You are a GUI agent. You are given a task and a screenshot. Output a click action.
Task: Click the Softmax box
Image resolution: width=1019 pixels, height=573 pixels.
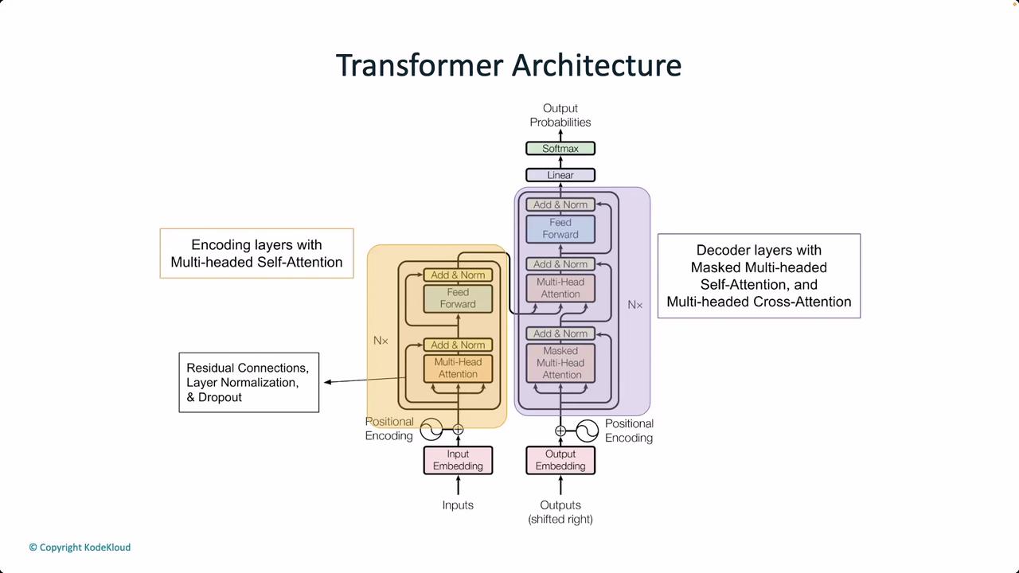click(560, 149)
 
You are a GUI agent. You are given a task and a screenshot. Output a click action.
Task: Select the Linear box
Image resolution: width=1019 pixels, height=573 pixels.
click(560, 175)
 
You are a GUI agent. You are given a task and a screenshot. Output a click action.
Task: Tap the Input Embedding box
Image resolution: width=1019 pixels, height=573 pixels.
click(458, 460)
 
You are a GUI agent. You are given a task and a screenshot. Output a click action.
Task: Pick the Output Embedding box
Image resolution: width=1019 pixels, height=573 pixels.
click(560, 460)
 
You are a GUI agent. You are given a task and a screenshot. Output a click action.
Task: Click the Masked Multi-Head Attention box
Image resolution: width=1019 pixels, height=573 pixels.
click(560, 363)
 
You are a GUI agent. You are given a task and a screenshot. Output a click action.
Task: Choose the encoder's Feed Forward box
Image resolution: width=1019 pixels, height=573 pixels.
click(458, 298)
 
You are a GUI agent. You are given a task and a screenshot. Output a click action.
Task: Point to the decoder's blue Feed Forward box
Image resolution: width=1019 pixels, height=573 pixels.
click(560, 229)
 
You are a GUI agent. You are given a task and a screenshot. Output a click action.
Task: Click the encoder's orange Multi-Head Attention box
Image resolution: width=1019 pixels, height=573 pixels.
click(458, 368)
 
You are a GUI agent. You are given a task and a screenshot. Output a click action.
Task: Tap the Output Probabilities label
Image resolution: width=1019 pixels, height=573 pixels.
click(560, 115)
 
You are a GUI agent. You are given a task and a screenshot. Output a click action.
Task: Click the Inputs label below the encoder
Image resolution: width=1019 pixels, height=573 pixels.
click(458, 505)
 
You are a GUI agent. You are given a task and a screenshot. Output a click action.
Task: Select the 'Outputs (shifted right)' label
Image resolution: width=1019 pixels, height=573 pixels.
click(560, 512)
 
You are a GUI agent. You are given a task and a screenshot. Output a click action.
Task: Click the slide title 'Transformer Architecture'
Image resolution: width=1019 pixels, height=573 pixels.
click(509, 65)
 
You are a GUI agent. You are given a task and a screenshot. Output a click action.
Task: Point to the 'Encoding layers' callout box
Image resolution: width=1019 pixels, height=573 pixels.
click(256, 254)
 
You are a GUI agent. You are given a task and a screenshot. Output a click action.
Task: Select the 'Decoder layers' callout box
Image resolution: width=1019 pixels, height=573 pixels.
click(759, 276)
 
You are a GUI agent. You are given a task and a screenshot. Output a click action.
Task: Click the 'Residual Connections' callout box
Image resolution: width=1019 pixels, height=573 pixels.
click(248, 383)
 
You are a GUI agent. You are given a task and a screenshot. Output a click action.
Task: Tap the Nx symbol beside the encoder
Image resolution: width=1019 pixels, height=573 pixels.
click(381, 341)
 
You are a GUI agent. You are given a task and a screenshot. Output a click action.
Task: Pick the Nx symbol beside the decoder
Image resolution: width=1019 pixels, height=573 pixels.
click(634, 305)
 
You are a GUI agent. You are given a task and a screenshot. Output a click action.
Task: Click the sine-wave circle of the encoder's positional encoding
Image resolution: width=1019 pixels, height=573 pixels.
click(431, 430)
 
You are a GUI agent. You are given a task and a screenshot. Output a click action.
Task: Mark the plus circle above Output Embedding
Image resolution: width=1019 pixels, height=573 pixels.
click(560, 431)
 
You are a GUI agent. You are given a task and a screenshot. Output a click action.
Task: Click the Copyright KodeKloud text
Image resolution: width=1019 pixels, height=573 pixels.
click(80, 548)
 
